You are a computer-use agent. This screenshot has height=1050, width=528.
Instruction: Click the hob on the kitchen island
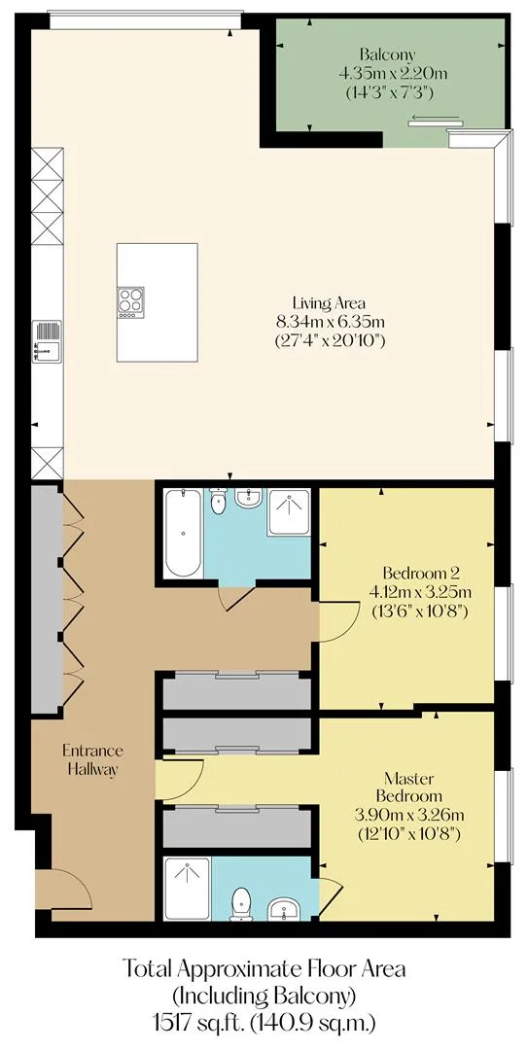131,302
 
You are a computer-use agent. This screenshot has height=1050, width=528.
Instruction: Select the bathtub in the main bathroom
182,533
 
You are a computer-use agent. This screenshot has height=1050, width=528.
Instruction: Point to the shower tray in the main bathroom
289,512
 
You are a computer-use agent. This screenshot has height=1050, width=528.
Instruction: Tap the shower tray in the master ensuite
187,889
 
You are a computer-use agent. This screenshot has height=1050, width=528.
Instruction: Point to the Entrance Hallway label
91,758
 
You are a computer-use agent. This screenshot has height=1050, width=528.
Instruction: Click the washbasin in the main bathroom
248,498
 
